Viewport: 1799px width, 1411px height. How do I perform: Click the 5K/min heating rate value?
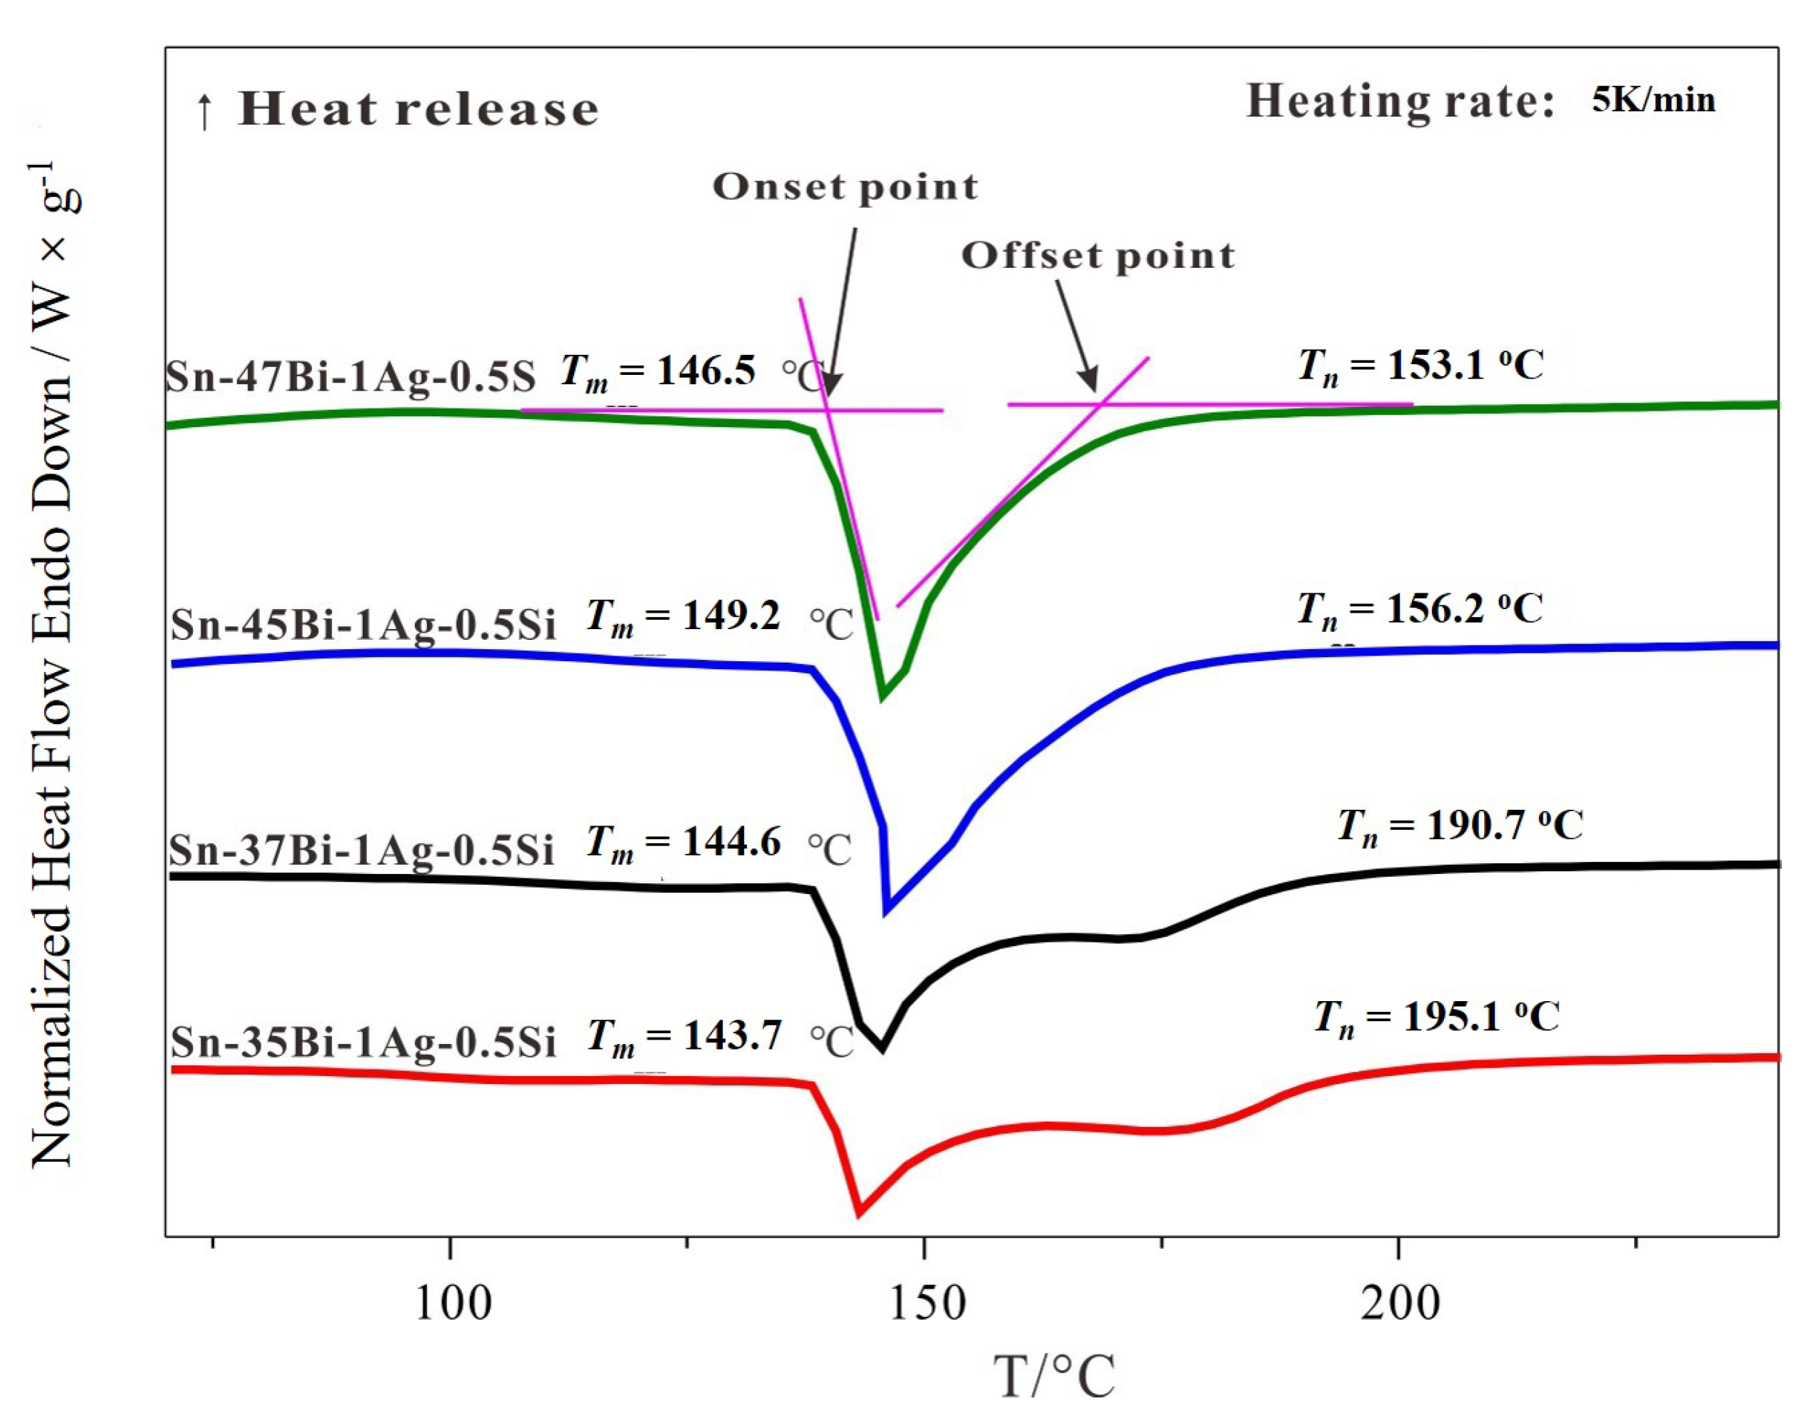tap(1653, 100)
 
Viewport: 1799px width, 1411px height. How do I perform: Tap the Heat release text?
tap(417, 109)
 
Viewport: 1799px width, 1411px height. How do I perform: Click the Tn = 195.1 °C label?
tap(1436, 1016)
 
